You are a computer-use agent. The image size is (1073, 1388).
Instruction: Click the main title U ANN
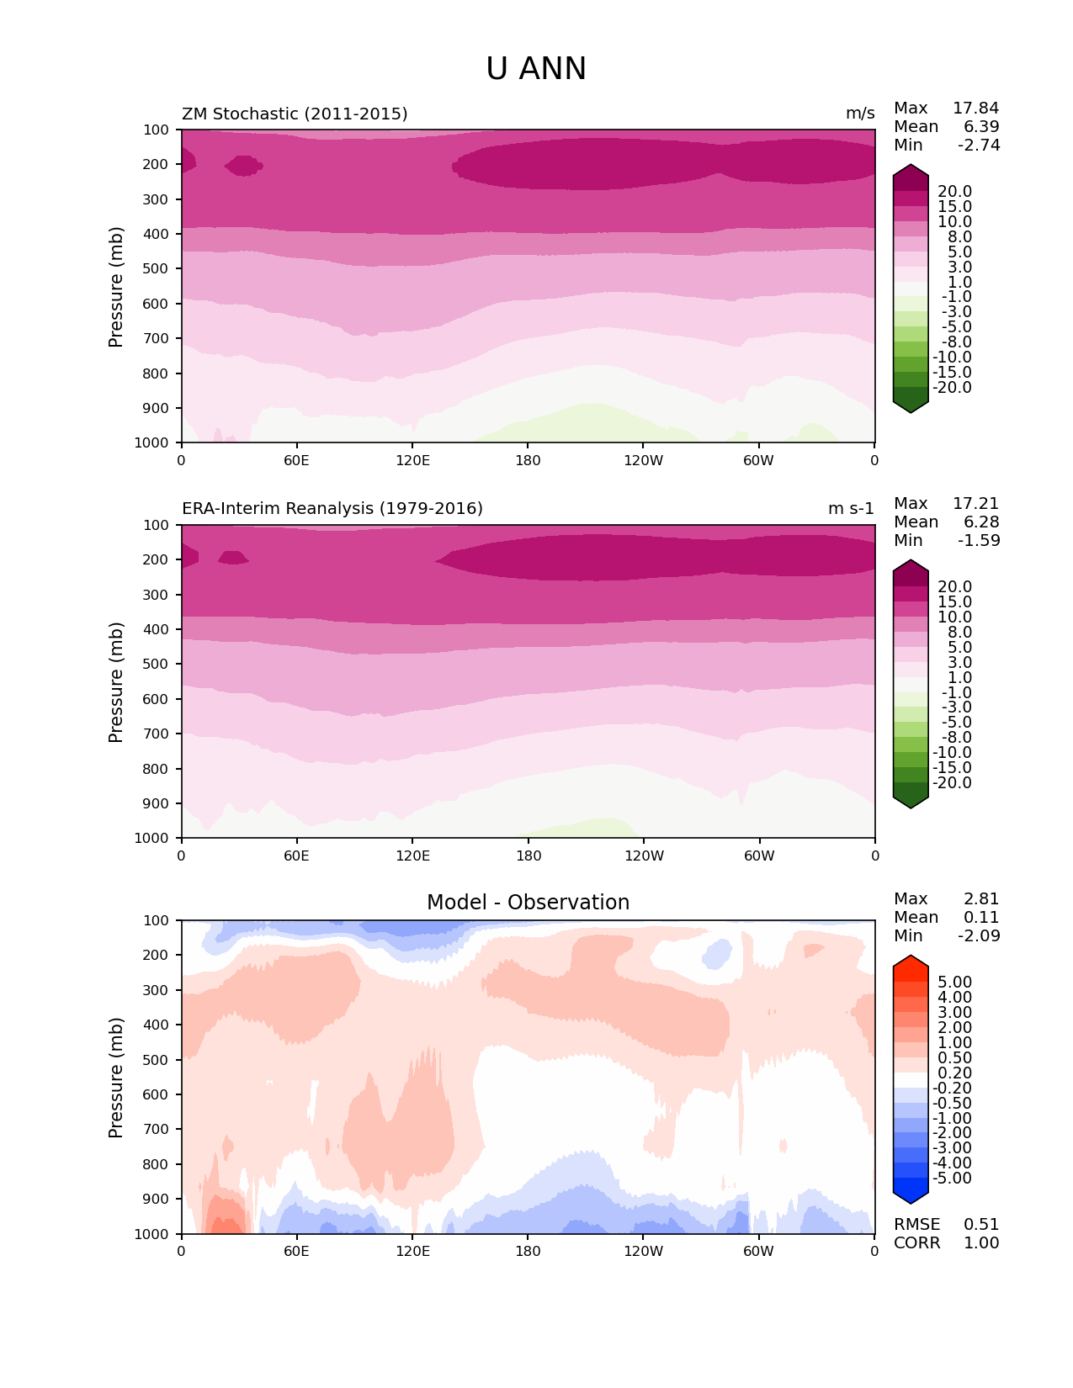536,69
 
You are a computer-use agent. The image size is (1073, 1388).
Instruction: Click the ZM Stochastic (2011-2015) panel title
295,114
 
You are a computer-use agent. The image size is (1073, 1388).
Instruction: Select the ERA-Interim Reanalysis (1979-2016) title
332,509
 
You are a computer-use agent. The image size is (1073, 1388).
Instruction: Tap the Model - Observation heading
528,903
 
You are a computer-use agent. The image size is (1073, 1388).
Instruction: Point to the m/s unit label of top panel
860,114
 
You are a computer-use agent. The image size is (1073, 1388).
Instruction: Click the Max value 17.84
975,109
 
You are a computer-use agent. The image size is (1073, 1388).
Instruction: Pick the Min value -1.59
979,541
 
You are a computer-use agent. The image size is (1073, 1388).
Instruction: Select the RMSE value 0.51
981,1225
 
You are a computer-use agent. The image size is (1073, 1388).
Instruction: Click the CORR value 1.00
981,1243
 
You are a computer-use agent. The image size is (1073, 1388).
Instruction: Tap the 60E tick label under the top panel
296,460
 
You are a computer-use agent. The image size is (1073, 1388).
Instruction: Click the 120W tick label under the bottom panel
643,1252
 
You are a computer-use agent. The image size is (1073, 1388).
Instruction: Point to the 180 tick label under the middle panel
528,856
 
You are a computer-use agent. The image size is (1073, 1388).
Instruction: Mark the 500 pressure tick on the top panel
158,268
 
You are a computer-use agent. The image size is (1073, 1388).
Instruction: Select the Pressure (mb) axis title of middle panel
116,682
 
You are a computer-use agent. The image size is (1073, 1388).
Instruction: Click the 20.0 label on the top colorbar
954,192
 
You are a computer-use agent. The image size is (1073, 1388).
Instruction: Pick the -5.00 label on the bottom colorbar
953,1179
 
